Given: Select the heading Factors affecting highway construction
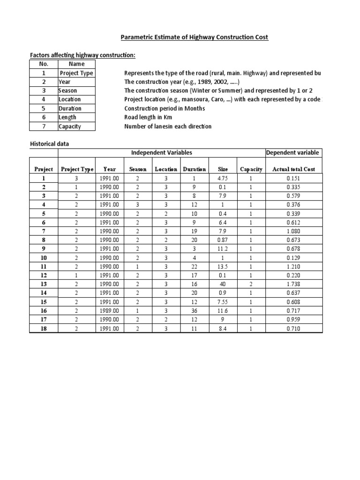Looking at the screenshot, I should point(82,55).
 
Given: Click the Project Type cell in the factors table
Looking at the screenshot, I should point(76,73).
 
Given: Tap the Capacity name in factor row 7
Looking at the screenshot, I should point(70,127).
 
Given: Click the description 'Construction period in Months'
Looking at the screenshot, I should point(165,109).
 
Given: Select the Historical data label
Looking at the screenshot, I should point(49,144).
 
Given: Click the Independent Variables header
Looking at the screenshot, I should point(161,153).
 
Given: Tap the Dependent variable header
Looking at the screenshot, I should point(293,153).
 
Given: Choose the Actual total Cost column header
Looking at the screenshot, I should point(293,169).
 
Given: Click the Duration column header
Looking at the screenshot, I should point(194,169).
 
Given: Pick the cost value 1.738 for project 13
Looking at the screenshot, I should point(293,284).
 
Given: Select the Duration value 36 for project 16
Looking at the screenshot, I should point(194,311).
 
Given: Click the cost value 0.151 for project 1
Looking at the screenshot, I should point(293,178).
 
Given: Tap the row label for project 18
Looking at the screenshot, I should point(44,329).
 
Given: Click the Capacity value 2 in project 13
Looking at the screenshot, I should point(251,284).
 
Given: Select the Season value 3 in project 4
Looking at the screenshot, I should point(138,205).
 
